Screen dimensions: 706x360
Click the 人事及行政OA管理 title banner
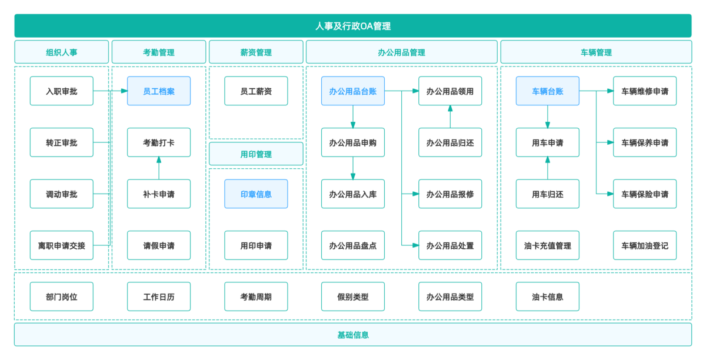(352, 26)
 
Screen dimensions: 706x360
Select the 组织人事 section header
(61, 52)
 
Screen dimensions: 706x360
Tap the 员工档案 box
(159, 91)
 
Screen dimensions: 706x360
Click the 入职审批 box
(62, 91)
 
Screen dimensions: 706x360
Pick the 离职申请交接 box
(62, 245)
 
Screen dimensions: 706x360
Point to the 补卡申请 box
(159, 194)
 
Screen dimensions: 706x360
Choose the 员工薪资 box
(256, 91)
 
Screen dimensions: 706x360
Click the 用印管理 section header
(256, 154)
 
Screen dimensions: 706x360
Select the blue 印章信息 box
(256, 194)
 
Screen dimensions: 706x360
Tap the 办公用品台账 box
(353, 91)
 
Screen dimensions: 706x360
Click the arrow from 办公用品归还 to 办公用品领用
(450, 116)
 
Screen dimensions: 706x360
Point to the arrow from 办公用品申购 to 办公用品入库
(353, 168)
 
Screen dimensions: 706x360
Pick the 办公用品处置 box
(450, 245)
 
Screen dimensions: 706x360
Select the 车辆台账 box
(548, 91)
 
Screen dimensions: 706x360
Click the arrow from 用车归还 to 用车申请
(548, 168)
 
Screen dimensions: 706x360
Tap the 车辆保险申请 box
(645, 194)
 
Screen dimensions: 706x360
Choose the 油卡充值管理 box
(548, 245)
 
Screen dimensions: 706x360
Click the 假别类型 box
(353, 296)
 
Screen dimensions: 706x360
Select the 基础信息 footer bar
(352, 335)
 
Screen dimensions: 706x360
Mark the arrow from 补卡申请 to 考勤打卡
(159, 168)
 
